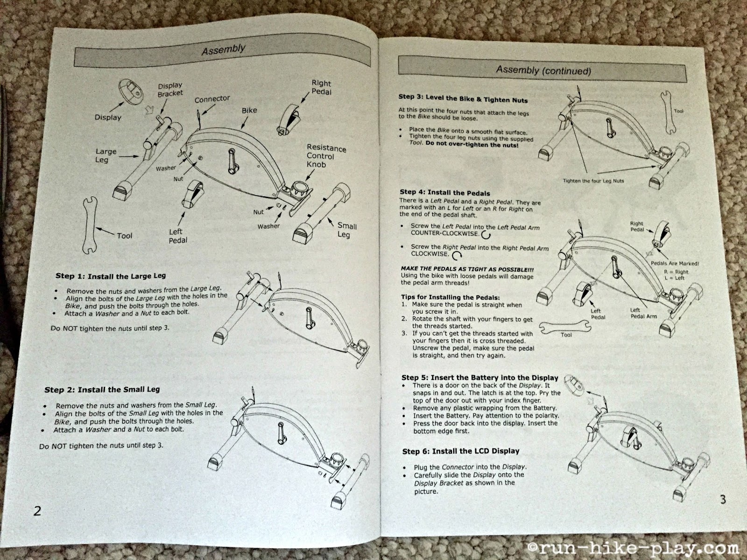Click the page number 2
tap(37, 510)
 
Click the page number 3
tap(723, 500)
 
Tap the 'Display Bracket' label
tap(170, 90)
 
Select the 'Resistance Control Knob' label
tap(326, 156)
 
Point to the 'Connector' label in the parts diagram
tap(212, 99)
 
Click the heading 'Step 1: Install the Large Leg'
tap(111, 276)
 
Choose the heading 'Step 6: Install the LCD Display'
tap(460, 451)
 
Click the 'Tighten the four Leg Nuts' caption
tap(593, 181)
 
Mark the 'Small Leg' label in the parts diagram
tap(346, 230)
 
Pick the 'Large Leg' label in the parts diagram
tap(106, 156)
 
